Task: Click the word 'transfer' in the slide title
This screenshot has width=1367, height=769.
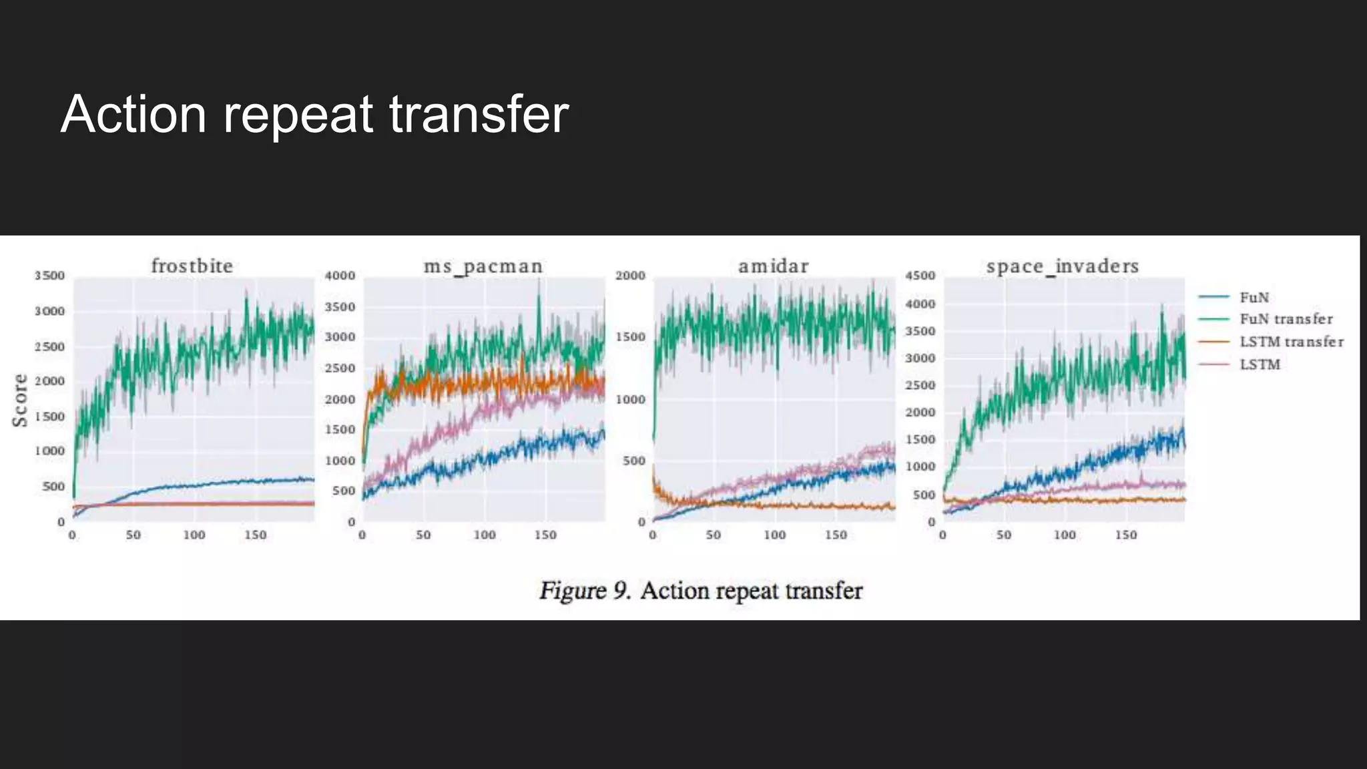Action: pos(478,114)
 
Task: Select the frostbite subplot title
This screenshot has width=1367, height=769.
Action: pos(192,266)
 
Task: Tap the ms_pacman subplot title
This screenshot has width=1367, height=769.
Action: pos(483,266)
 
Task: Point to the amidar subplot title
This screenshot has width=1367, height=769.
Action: pos(773,266)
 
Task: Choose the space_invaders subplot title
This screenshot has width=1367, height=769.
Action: pos(1063,266)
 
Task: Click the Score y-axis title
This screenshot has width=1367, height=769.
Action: pos(21,400)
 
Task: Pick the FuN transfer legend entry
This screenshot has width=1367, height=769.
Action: pos(1286,319)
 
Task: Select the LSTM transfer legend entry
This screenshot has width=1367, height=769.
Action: pos(1291,342)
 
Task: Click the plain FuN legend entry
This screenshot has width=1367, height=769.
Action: pos(1254,297)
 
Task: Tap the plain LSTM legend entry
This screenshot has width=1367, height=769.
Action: pos(1260,364)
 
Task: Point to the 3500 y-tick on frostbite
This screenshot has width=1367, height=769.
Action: pos(49,276)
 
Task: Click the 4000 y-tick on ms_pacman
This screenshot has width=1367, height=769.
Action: pos(340,276)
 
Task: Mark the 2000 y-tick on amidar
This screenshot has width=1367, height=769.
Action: pos(630,276)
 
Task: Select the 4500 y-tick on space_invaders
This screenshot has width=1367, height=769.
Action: pos(920,276)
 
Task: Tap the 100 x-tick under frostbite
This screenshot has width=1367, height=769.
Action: pos(194,535)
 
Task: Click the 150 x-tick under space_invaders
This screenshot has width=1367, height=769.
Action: pos(1125,535)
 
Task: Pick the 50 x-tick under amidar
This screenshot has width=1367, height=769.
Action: pos(714,535)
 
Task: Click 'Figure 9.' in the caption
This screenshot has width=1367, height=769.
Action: pos(585,591)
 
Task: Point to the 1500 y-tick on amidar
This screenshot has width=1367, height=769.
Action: pos(630,337)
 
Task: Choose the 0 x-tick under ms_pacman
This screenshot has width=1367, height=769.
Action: pos(362,535)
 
